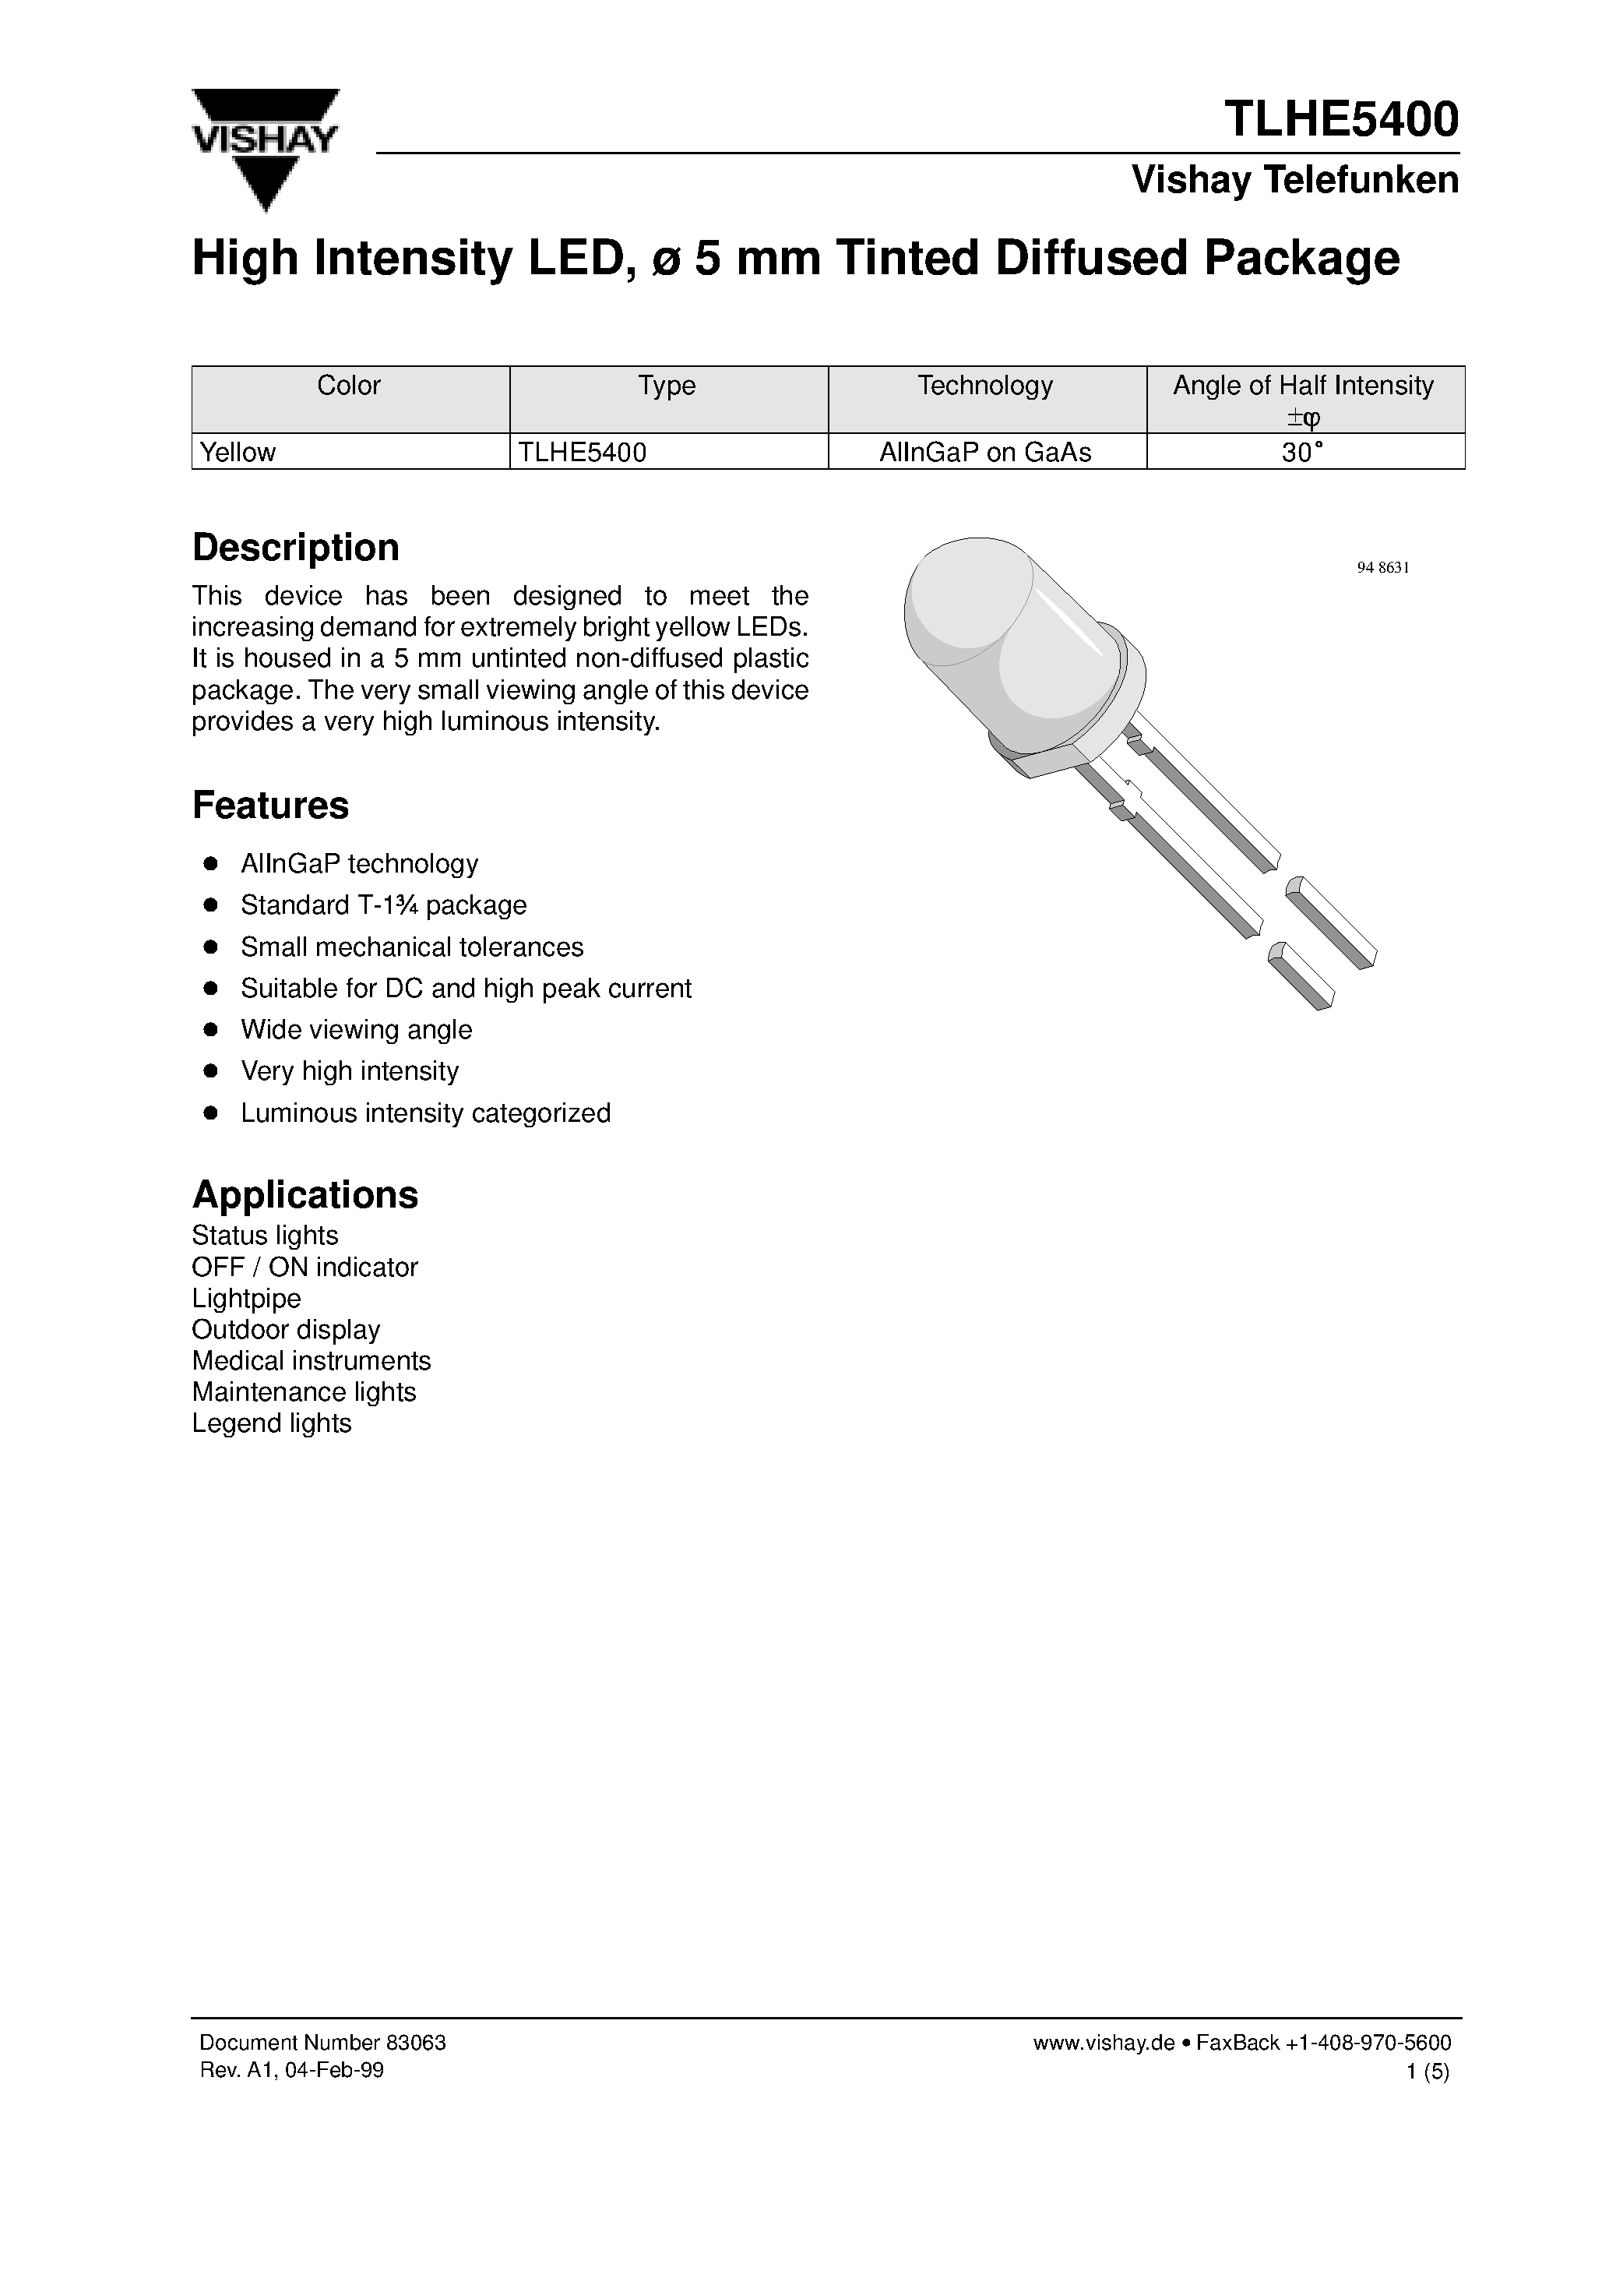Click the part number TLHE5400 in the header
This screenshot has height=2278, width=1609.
click(x=1341, y=119)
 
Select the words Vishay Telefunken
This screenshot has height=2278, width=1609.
click(x=1294, y=180)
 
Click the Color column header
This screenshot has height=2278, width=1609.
click(x=349, y=386)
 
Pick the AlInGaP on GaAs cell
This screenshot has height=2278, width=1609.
click(x=985, y=453)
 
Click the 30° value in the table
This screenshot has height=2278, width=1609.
click(x=1302, y=453)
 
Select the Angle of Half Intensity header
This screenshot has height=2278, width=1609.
click(x=1302, y=386)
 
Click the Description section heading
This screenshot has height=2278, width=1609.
click(x=296, y=548)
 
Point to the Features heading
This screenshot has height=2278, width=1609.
click(x=269, y=805)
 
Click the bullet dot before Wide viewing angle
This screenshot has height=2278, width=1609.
click(x=210, y=1030)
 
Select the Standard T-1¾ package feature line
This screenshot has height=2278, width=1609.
click(x=383, y=905)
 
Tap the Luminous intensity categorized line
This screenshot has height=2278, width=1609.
click(x=425, y=1113)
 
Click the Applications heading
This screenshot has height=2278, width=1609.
click(x=305, y=1194)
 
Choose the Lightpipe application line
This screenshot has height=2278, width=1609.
click(x=246, y=1298)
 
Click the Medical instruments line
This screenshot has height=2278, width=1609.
click(x=312, y=1360)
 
